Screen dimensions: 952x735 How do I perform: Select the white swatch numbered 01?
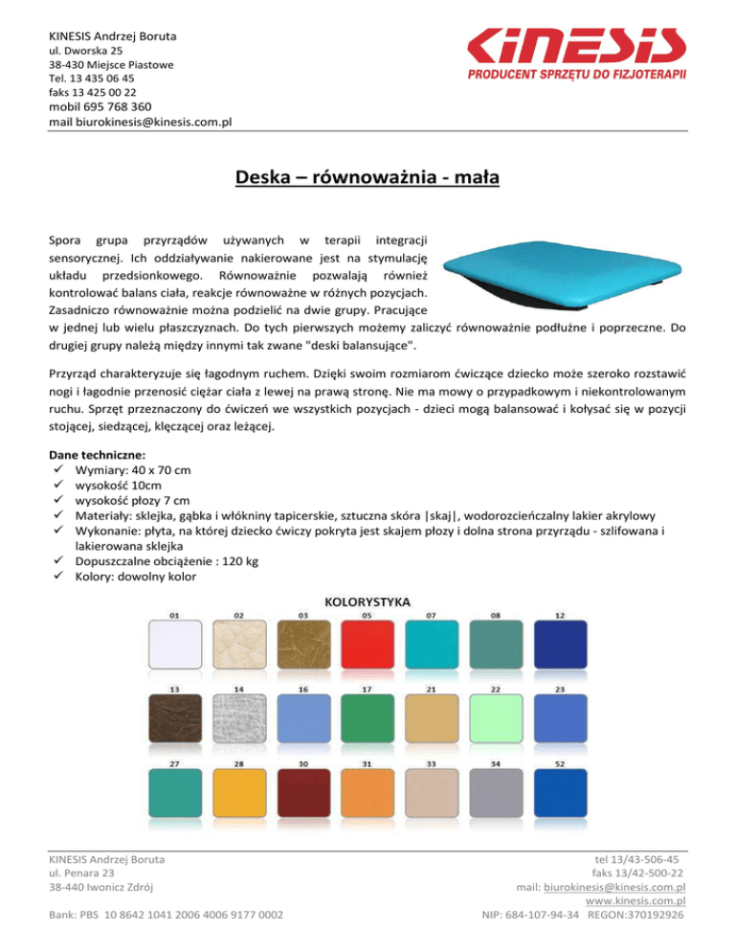pyautogui.click(x=172, y=645)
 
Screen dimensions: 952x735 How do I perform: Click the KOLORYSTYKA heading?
pyautogui.click(x=368, y=602)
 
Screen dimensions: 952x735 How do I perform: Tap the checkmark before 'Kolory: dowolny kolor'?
pyautogui.click(x=59, y=577)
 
